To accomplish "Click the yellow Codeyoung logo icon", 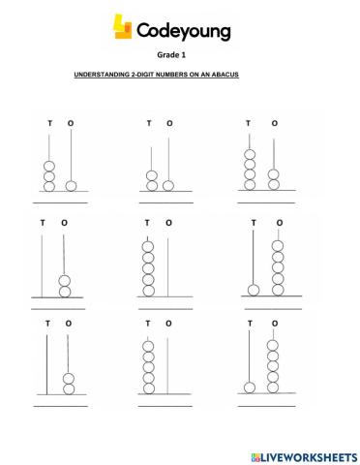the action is pyautogui.click(x=123, y=30).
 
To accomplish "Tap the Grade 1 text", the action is pyautogui.click(x=180, y=56).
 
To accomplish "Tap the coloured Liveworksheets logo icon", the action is pyautogui.click(x=255, y=454).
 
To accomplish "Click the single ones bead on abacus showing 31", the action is pyautogui.click(x=71, y=185).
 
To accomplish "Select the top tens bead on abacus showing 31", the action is pyautogui.click(x=49, y=164).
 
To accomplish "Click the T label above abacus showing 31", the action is pyautogui.click(x=49, y=124).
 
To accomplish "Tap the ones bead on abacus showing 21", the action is pyautogui.click(x=169, y=185).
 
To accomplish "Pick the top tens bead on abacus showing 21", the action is pyautogui.click(x=151, y=175).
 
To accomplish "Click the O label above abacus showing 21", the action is pyautogui.click(x=170, y=124).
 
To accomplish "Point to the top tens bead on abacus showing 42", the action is pyautogui.click(x=249, y=154).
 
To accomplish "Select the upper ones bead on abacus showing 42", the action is pyautogui.click(x=273, y=174).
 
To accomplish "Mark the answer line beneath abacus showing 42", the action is pyautogui.click(x=261, y=203).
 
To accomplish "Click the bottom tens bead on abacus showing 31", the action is pyautogui.click(x=49, y=185).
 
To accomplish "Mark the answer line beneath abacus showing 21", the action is pyautogui.click(x=160, y=203).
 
